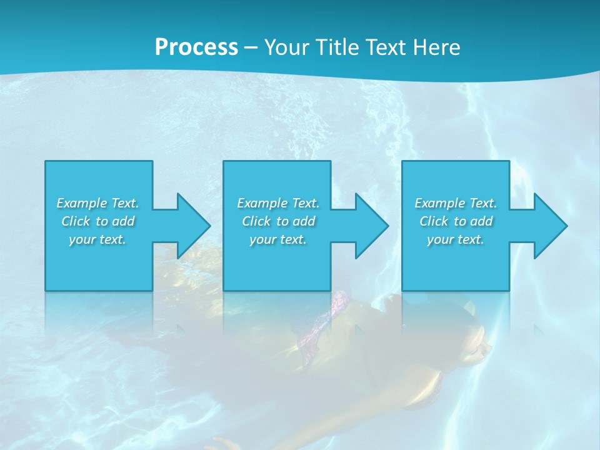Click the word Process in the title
pyautogui.click(x=196, y=47)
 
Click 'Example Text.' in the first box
pyautogui.click(x=98, y=203)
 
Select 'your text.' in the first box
pyautogui.click(x=98, y=239)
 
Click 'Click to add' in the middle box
pyautogui.click(x=278, y=221)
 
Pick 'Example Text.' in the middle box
pyautogui.click(x=278, y=203)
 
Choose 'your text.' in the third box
pyautogui.click(x=456, y=239)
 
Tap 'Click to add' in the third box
pyautogui.click(x=456, y=221)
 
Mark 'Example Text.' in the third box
pyautogui.click(x=456, y=203)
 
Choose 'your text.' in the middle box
pyautogui.click(x=278, y=239)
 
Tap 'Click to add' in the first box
pyautogui.click(x=98, y=221)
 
